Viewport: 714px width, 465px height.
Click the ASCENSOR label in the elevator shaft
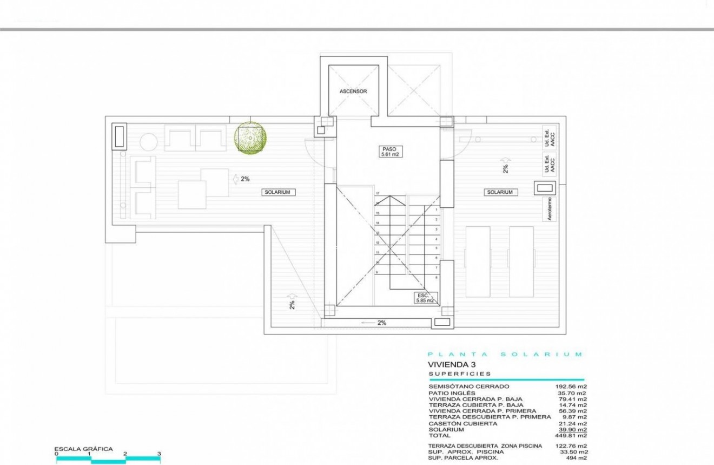click(353, 91)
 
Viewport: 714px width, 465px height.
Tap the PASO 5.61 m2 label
click(389, 152)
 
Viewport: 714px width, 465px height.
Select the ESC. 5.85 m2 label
click(424, 297)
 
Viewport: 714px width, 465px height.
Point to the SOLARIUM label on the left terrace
click(279, 192)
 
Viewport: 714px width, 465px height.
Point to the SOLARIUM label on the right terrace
click(499, 192)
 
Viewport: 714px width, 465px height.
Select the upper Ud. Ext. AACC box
click(549, 139)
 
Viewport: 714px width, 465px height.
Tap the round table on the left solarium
click(149, 142)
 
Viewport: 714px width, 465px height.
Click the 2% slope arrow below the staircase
click(376, 323)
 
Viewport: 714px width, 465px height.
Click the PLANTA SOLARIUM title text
click(505, 355)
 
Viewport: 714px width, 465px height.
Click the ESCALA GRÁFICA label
click(83, 449)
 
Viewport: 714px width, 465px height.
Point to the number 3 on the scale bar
click(159, 454)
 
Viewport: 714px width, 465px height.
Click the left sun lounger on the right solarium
click(478, 261)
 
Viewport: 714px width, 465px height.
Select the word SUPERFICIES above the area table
click(460, 374)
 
